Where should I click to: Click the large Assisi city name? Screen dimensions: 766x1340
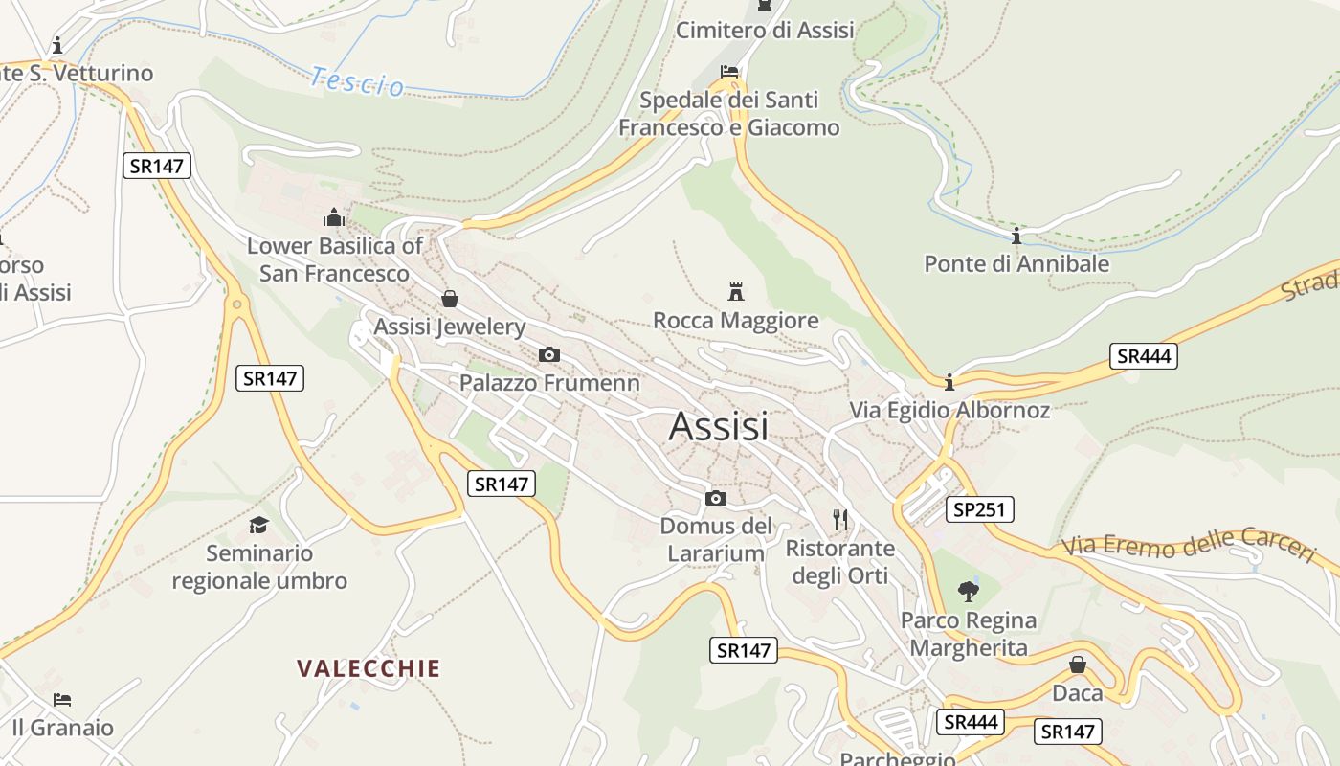(x=718, y=426)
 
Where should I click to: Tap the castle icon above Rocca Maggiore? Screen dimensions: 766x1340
(x=736, y=291)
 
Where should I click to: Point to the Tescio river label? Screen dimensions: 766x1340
(x=357, y=81)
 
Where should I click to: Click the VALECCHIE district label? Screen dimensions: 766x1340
(x=368, y=668)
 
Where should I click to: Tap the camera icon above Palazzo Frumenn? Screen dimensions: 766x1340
(x=548, y=355)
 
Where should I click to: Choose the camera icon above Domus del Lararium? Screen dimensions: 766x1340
(x=715, y=498)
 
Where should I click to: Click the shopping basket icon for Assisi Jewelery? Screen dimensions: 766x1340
(x=450, y=299)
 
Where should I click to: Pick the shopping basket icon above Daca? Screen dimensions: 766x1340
(x=1078, y=664)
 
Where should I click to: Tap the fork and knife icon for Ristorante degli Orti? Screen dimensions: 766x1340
(x=840, y=520)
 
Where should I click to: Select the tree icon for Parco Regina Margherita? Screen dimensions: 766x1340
(x=969, y=591)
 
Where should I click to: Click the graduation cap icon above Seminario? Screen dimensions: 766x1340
(x=258, y=525)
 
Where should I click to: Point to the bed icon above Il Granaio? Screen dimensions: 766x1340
(x=62, y=700)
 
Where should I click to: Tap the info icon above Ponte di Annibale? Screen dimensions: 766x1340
(x=1016, y=236)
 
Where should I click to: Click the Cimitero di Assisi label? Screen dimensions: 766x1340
(x=765, y=31)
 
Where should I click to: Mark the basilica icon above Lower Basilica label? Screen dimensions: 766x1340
(x=334, y=217)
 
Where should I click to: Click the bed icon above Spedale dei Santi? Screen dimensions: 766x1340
(x=729, y=72)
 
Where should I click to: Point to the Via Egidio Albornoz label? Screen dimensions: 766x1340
(x=949, y=411)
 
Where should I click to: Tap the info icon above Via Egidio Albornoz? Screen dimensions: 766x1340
(x=949, y=383)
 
